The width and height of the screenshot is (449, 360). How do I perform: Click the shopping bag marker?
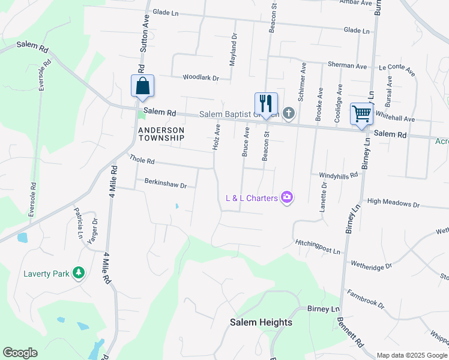(x=143, y=86)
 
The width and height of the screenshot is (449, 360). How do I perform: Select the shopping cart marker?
(x=361, y=113)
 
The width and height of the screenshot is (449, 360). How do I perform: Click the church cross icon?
(x=289, y=113)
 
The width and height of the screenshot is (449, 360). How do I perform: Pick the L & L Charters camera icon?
(x=287, y=197)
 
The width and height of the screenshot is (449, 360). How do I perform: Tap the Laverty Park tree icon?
(x=78, y=274)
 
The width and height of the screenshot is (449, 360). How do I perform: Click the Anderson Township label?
(x=161, y=133)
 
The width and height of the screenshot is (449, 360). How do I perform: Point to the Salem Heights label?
(x=261, y=322)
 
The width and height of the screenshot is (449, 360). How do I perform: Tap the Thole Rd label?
(x=142, y=160)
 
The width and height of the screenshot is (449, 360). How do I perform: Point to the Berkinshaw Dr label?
(x=166, y=183)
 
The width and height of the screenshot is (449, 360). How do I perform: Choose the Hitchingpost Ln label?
(x=318, y=245)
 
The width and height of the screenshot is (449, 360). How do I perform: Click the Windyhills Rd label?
(x=338, y=175)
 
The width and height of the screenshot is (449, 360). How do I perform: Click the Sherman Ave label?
(x=347, y=65)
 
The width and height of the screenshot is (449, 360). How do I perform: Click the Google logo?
(x=20, y=353)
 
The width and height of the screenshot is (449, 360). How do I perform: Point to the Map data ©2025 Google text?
(x=411, y=355)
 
